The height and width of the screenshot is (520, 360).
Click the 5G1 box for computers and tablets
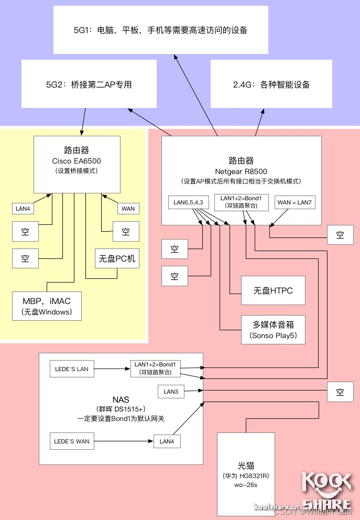click(160, 30)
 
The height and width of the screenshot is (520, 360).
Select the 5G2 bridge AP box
click(89, 83)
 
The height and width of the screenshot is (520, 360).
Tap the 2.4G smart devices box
click(271, 83)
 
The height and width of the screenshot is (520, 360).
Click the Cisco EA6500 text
click(77, 161)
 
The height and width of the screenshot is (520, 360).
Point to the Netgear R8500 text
click(241, 171)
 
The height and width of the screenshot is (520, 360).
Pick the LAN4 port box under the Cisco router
click(23, 209)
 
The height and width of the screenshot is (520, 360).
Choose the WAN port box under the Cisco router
click(128, 209)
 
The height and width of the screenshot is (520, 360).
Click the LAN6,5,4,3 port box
click(188, 202)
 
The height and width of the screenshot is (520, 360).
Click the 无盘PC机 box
click(117, 258)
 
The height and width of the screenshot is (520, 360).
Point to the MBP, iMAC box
click(46, 306)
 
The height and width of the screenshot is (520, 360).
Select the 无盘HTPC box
click(272, 290)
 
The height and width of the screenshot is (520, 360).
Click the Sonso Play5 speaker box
click(272, 330)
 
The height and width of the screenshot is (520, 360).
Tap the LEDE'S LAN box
click(72, 369)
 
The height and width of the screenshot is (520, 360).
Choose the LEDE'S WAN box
click(72, 441)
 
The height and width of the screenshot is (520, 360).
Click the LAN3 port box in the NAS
click(171, 391)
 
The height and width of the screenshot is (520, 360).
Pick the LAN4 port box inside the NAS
click(167, 441)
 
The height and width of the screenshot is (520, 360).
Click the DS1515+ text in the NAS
click(121, 409)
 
